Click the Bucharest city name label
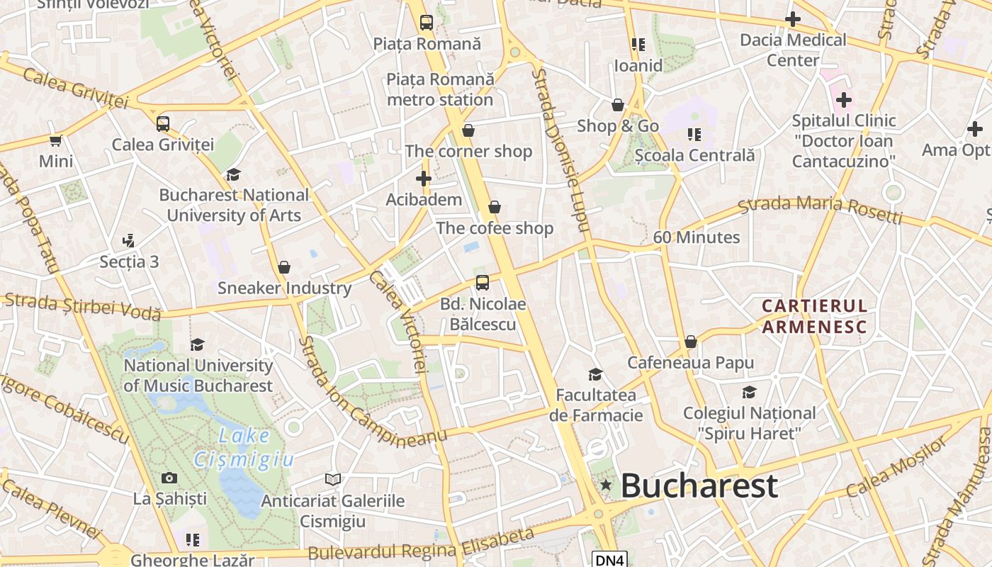click(699, 486)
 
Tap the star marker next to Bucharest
click(606, 485)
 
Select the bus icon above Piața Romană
click(426, 23)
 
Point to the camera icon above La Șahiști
click(169, 478)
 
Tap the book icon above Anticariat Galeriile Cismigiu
click(332, 480)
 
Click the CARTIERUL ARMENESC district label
click(814, 316)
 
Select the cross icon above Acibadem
click(424, 179)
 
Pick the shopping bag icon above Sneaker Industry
click(284, 267)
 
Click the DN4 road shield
click(609, 560)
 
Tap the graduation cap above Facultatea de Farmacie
click(595, 374)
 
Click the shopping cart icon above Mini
click(56, 140)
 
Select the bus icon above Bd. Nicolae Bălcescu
click(483, 283)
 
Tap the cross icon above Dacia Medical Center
click(793, 19)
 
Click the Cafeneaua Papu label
click(690, 363)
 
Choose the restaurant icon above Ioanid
click(638, 45)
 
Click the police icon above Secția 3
click(128, 241)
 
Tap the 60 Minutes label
click(696, 237)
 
